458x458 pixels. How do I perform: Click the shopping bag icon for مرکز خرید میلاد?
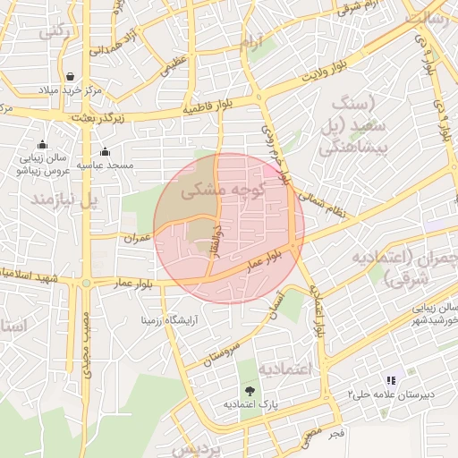click(71, 75)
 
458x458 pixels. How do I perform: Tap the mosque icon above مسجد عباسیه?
click(106, 151)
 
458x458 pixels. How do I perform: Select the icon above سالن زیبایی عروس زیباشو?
click(41, 145)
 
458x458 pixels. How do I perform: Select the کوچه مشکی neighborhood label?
click(224, 191)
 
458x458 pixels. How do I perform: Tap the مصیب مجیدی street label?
click(87, 343)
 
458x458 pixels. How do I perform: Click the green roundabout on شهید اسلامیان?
click(86, 283)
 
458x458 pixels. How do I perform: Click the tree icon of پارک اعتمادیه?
click(250, 391)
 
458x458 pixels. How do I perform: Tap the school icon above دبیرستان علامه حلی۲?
click(391, 380)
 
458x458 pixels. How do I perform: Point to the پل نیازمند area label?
click(62, 199)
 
